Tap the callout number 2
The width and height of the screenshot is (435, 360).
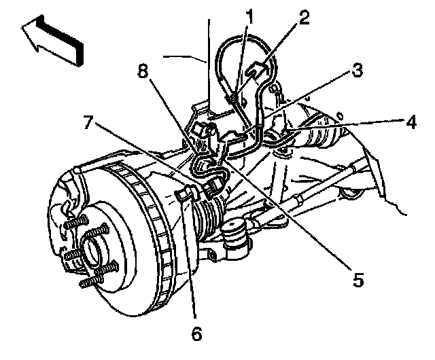tap(304, 16)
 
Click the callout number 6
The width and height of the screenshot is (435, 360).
tap(196, 334)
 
